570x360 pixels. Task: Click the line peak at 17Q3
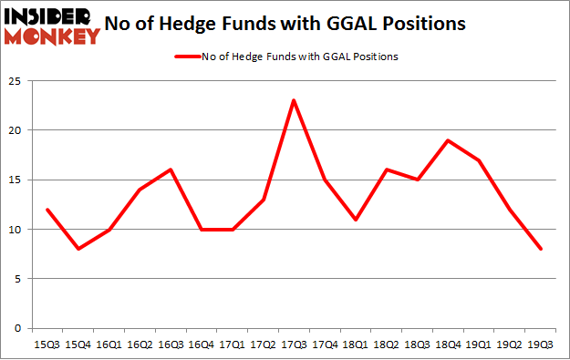294,99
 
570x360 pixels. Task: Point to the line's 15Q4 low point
80,249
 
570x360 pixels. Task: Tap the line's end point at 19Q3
540,249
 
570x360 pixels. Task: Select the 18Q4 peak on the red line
448,139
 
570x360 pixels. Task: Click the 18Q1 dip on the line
356,219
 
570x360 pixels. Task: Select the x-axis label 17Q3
294,345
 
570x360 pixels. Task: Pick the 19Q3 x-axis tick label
540,345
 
